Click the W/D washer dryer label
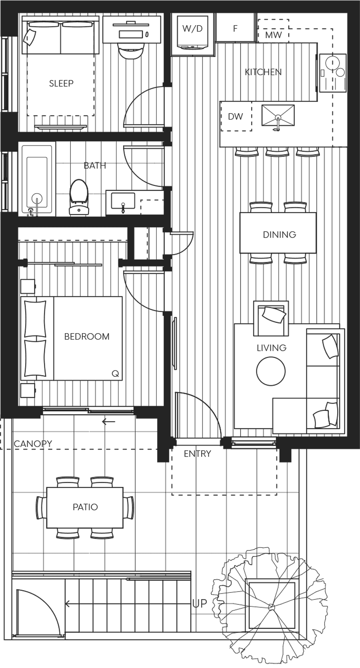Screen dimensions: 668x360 [192, 28]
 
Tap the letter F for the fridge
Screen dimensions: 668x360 [235, 28]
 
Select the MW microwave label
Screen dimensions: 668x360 [273, 35]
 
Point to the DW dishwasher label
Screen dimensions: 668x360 [235, 116]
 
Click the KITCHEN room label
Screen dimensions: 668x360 [263, 72]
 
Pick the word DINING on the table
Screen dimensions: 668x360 [279, 234]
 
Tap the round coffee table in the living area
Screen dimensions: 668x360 [271, 371]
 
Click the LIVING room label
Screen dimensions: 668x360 [271, 348]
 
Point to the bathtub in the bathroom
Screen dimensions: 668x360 [37, 178]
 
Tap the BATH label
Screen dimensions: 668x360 [95, 165]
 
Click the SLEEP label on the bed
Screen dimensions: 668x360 [61, 83]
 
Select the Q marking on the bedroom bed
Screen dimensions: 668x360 [115, 374]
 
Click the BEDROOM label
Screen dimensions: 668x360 [87, 336]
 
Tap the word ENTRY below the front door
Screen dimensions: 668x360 [197, 454]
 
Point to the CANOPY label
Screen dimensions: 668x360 [33, 444]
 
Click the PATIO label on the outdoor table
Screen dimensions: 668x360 [85, 507]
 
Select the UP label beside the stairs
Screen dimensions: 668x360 [200, 603]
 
